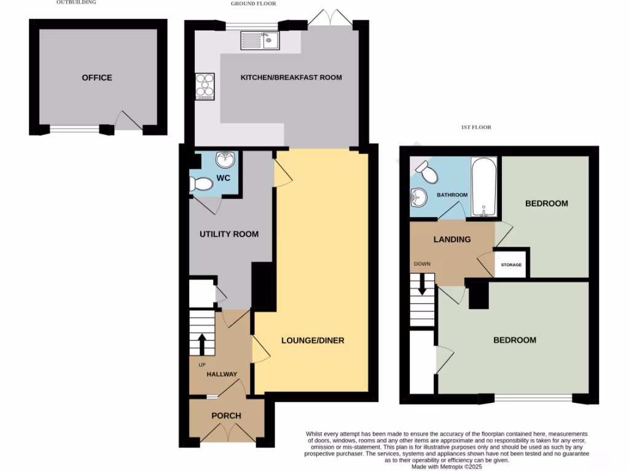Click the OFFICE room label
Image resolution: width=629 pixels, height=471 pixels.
click(x=97, y=78)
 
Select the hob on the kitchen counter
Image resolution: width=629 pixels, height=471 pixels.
click(x=205, y=86)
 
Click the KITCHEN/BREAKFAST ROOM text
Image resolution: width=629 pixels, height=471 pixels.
click(x=291, y=77)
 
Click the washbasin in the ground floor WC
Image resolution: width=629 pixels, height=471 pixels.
click(x=225, y=159)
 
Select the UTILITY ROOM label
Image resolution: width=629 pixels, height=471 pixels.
click(x=229, y=234)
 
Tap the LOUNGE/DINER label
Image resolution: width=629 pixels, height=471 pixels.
click(x=313, y=340)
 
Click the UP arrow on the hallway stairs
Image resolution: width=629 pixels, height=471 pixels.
click(x=201, y=344)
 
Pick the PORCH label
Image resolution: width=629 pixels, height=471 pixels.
click(x=226, y=415)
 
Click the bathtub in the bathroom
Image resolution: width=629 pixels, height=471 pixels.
click(x=485, y=186)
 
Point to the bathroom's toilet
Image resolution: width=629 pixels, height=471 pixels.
click(x=428, y=173)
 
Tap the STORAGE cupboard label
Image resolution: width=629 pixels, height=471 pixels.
click(x=511, y=265)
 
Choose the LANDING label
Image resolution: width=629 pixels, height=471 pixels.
click(x=451, y=239)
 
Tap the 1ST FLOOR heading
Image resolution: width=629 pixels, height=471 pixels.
click(x=476, y=128)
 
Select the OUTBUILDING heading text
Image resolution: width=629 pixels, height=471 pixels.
click(x=76, y=2)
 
